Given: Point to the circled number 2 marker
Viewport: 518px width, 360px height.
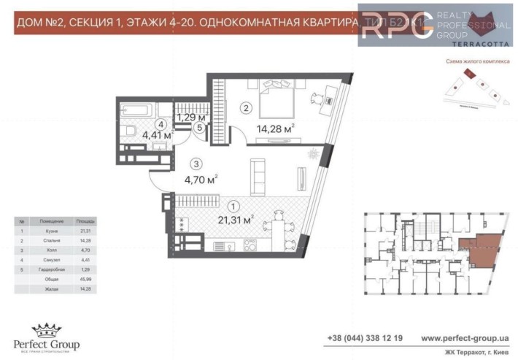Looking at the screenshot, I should click(x=246, y=109).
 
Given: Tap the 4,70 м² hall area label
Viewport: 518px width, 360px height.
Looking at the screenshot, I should click(x=201, y=178).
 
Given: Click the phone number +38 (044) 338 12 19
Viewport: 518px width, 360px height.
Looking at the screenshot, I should click(x=364, y=338).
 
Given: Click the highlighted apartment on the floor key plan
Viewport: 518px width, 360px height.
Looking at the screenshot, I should click(x=479, y=248).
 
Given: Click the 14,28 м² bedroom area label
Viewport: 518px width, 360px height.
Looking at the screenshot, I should click(x=275, y=129).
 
